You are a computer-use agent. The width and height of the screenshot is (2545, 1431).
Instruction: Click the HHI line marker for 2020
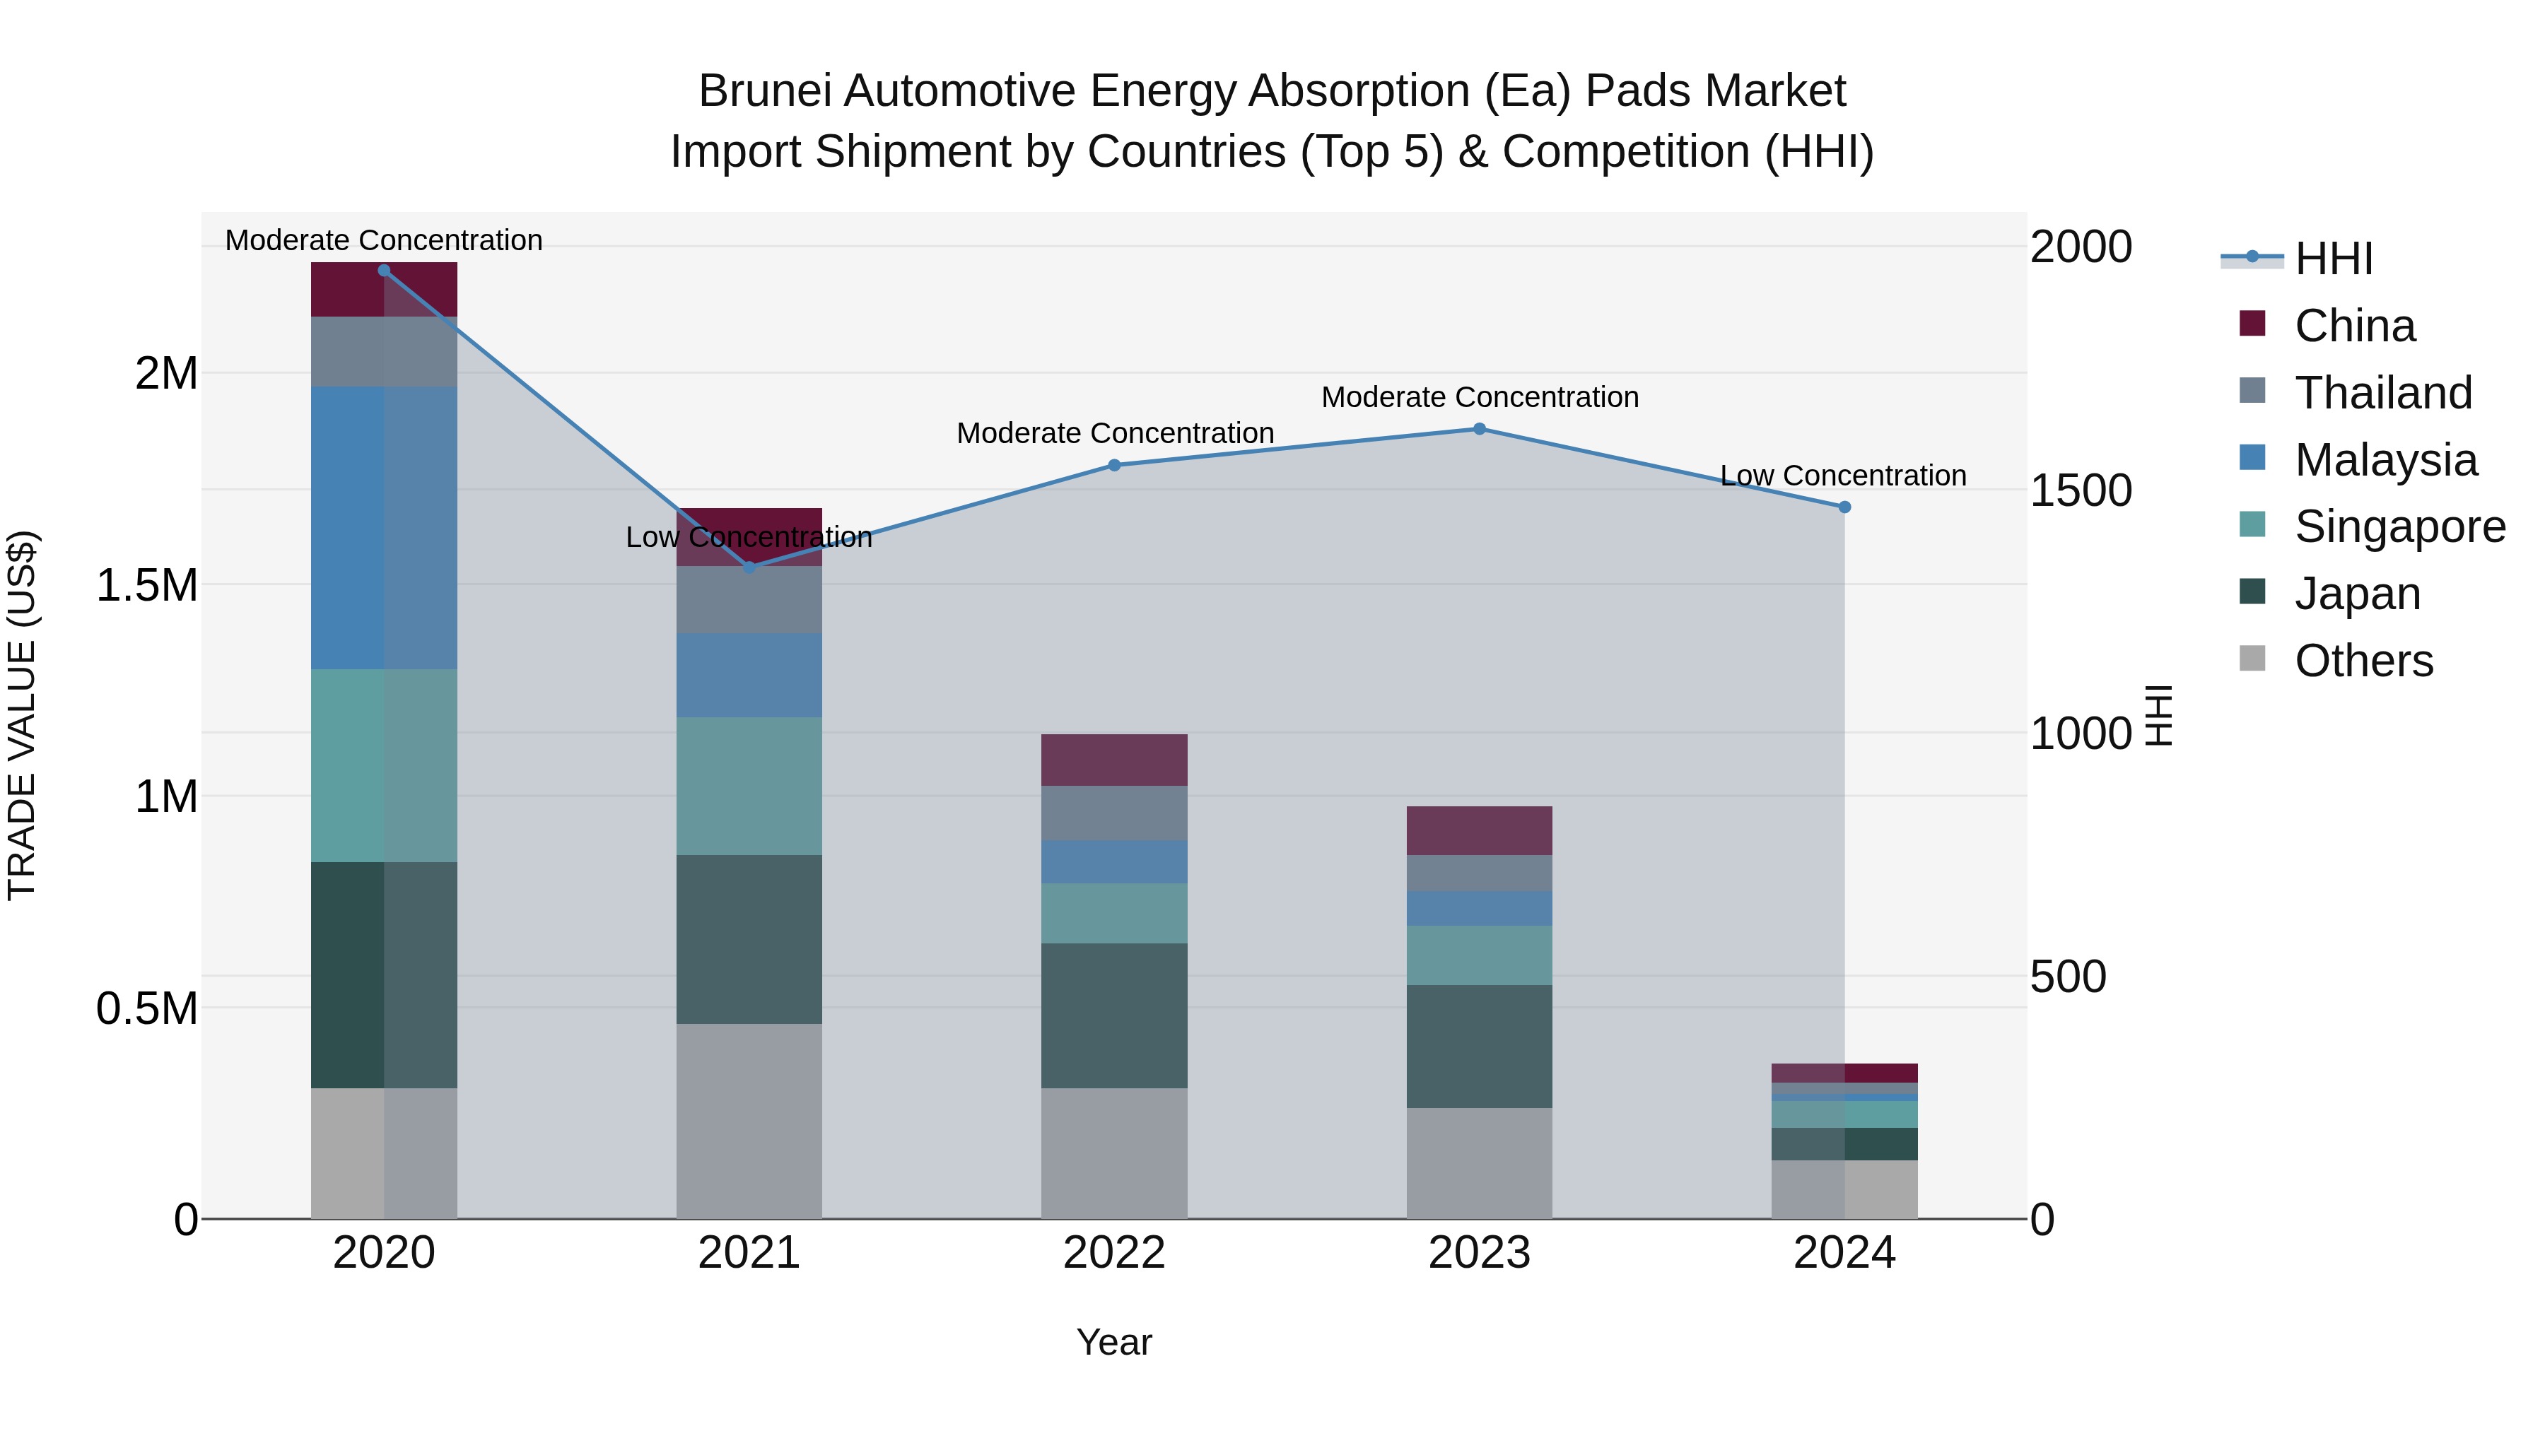pyautogui.click(x=385, y=270)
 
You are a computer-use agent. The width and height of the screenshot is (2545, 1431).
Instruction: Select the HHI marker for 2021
pyautogui.click(x=749, y=567)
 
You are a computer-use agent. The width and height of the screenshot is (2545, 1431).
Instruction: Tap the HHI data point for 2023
pyautogui.click(x=1479, y=429)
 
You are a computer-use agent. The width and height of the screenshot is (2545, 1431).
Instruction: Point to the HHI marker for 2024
pyautogui.click(x=1844, y=507)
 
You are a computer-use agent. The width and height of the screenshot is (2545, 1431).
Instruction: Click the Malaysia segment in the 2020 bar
pyautogui.click(x=385, y=529)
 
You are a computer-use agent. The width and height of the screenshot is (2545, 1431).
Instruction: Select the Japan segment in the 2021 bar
pyautogui.click(x=749, y=938)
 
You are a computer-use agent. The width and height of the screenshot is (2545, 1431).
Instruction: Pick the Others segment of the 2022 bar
pyautogui.click(x=1114, y=1153)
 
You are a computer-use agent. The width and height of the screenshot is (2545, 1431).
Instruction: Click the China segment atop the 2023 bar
pyautogui.click(x=1479, y=830)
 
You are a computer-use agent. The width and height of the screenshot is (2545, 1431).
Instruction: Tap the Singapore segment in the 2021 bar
pyautogui.click(x=749, y=786)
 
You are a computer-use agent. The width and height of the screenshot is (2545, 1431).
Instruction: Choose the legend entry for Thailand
pyautogui.click(x=2382, y=393)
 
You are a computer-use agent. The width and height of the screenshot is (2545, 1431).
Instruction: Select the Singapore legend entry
pyautogui.click(x=2399, y=526)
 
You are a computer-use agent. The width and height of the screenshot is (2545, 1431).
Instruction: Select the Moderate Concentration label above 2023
pyautogui.click(x=1479, y=397)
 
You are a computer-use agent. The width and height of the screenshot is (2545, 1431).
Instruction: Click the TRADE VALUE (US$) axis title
pyautogui.click(x=22, y=715)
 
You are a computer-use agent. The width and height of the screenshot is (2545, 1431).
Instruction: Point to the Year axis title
pyautogui.click(x=1113, y=1342)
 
